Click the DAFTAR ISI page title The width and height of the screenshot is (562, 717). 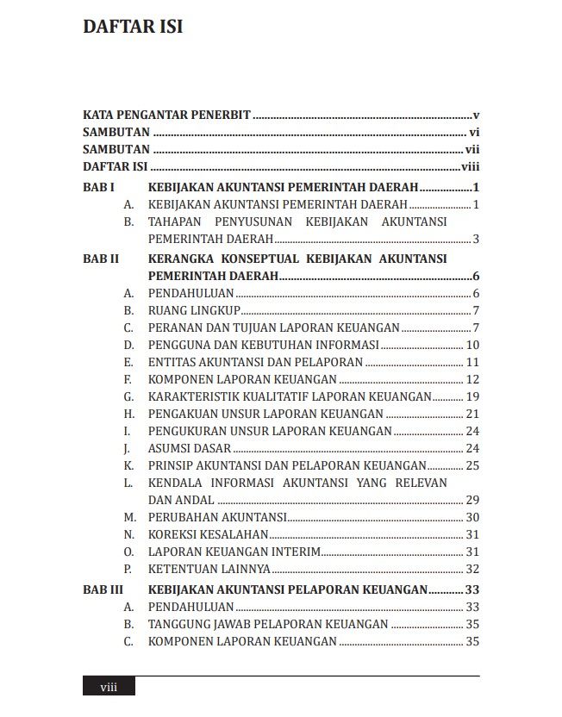(x=132, y=27)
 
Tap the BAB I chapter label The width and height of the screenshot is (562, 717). (x=98, y=187)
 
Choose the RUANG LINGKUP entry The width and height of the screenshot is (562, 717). (x=194, y=310)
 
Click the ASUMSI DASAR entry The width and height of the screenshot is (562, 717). (x=190, y=448)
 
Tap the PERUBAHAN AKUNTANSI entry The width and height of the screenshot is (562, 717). (x=217, y=517)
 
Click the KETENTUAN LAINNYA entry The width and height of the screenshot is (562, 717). (x=209, y=569)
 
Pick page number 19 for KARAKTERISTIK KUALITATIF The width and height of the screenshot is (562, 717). (x=471, y=396)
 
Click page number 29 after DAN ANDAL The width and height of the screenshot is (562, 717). (x=471, y=500)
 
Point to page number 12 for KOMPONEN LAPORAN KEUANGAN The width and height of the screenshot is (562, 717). (x=471, y=379)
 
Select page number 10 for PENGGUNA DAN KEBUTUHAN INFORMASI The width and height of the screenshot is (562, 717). (x=471, y=345)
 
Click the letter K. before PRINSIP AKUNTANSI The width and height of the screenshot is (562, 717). (x=128, y=465)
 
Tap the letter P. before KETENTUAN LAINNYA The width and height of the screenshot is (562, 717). (x=128, y=569)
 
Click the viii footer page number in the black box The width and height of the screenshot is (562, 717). (x=109, y=687)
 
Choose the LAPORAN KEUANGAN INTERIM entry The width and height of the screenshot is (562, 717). (x=234, y=552)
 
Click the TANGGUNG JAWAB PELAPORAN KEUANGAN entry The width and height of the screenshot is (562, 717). (x=268, y=624)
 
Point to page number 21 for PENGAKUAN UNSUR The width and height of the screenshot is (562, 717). (x=471, y=414)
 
